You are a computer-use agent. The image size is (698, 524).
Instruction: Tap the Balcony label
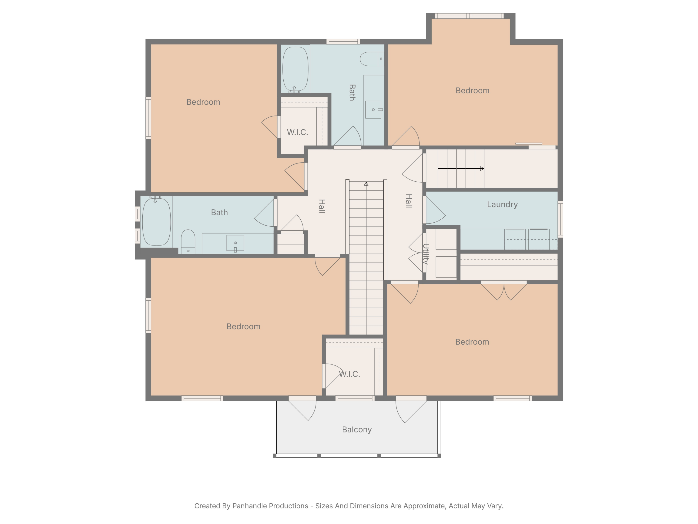(x=357, y=429)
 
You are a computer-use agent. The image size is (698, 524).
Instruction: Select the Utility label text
(x=425, y=254)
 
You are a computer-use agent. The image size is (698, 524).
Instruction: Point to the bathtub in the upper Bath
(x=295, y=69)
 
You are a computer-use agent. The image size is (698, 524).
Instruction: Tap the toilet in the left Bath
(x=188, y=242)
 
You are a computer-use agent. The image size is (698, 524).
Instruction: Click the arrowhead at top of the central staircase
(x=366, y=184)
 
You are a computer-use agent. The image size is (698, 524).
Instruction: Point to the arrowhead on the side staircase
(x=482, y=169)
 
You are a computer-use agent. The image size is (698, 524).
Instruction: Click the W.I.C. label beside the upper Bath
(x=297, y=132)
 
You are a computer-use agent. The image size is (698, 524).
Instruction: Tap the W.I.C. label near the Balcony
(x=349, y=374)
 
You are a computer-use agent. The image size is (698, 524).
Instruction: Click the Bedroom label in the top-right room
(x=472, y=91)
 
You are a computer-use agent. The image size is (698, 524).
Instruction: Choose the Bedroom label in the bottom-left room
(x=243, y=327)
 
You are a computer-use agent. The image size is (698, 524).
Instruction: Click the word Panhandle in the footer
(x=270, y=506)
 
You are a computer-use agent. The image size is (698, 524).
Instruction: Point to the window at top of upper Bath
(x=343, y=41)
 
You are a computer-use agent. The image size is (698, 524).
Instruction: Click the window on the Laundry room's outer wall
(x=560, y=219)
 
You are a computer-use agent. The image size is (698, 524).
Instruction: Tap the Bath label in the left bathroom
(x=219, y=213)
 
